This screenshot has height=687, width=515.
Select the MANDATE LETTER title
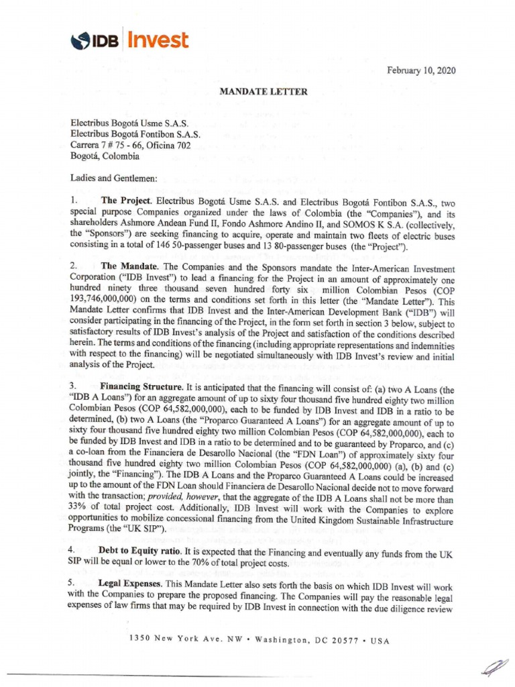(x=264, y=91)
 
